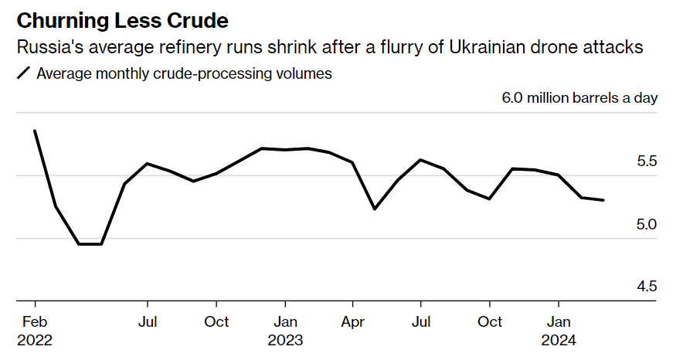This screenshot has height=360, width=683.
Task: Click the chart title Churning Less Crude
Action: point(123,19)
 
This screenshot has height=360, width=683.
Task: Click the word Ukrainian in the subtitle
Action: point(489,47)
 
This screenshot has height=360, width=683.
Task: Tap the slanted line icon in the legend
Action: point(24,73)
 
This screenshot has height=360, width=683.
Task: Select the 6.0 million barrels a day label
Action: point(579,98)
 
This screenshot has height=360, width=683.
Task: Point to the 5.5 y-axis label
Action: point(646,161)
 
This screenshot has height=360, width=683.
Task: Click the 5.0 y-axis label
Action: point(646,224)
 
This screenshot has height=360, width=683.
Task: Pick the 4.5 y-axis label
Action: point(646,287)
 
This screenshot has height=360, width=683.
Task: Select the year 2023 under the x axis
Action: point(285,340)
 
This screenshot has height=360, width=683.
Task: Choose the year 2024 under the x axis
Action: point(559,340)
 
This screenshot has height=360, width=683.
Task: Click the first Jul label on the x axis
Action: point(147,321)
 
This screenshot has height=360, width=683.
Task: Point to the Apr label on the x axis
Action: point(353,321)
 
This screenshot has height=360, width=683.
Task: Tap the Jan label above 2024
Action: point(559,321)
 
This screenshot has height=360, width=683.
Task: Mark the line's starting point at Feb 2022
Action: point(35,131)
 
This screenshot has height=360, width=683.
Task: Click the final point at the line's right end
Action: point(603,200)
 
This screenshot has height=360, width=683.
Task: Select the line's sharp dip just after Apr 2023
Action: point(375,209)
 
